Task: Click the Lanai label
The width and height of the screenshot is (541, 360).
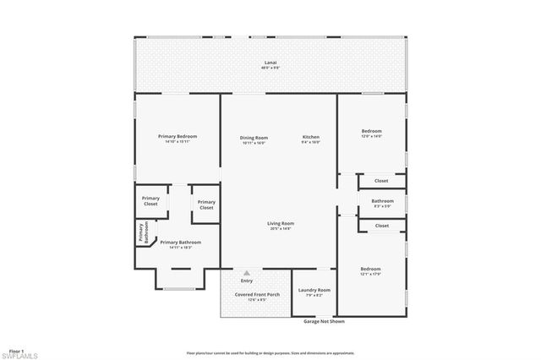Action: tap(270, 62)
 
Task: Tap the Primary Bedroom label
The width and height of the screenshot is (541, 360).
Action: tap(178, 136)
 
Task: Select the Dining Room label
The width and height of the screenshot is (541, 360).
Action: tap(254, 137)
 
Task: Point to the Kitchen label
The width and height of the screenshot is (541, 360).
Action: tap(312, 137)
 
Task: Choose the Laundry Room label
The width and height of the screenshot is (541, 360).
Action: tap(314, 290)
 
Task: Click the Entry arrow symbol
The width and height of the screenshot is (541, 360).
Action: tap(247, 273)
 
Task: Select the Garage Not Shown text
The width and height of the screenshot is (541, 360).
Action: tap(323, 322)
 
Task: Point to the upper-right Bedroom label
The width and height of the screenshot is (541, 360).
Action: tap(372, 131)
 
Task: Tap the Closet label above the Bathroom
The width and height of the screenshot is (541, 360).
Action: tap(381, 181)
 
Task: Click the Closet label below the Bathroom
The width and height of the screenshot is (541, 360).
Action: tap(381, 226)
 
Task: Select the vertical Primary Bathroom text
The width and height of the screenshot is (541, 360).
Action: tap(144, 233)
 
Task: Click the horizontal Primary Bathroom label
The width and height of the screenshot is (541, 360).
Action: tap(180, 243)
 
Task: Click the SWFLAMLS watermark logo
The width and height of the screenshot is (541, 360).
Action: tap(21, 355)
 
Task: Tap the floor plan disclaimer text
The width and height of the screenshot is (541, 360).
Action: tap(270, 353)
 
